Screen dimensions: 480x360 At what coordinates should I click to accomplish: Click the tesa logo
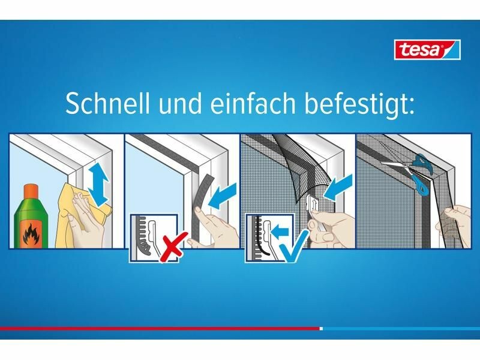(x=427, y=49)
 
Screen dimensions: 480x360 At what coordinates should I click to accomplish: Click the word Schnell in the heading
(x=108, y=103)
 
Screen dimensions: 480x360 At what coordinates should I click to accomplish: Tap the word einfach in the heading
(x=253, y=103)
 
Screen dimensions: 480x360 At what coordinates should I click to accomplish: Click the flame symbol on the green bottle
(x=31, y=234)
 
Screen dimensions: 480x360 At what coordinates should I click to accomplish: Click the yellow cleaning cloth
(x=82, y=214)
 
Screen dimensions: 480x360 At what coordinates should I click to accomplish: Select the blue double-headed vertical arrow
(x=98, y=184)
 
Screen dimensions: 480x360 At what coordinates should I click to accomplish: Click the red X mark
(x=172, y=247)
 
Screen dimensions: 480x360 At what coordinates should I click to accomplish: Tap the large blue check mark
(x=294, y=247)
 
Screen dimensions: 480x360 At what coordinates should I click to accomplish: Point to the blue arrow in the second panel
(x=223, y=196)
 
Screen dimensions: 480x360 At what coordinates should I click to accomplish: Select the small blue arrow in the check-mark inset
(x=280, y=232)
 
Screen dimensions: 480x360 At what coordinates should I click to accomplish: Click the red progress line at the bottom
(x=160, y=328)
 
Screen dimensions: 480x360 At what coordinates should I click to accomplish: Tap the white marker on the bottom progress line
(x=321, y=329)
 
